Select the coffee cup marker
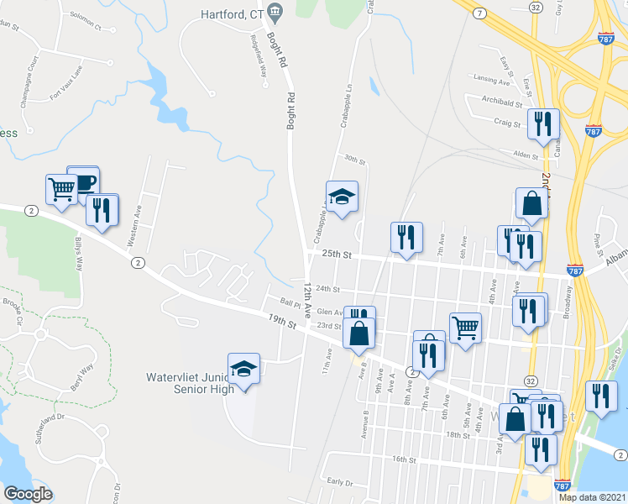pyautogui.click(x=83, y=181)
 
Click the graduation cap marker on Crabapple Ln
pyautogui.click(x=342, y=197)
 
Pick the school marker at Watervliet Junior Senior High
pyautogui.click(x=244, y=370)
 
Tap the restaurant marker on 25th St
pyautogui.click(x=406, y=239)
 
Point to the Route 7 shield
pyautogui.click(x=477, y=14)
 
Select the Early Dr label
pyautogui.click(x=338, y=481)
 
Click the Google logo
pyautogui.click(x=28, y=494)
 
